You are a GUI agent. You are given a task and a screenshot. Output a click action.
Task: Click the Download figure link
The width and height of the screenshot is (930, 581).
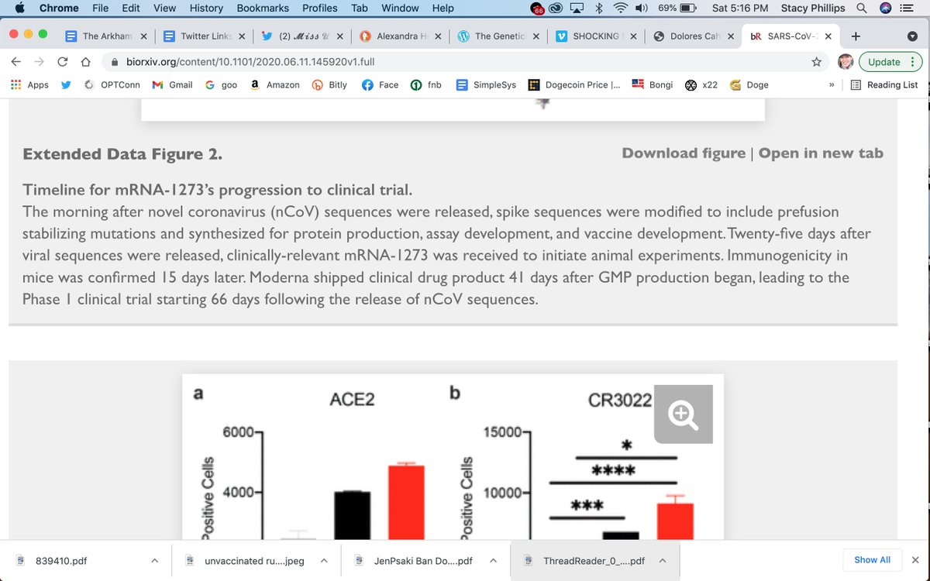[684, 153]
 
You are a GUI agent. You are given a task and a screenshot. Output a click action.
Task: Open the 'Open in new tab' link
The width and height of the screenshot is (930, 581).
[821, 153]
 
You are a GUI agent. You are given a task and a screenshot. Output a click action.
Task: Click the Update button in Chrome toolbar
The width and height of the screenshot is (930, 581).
[883, 62]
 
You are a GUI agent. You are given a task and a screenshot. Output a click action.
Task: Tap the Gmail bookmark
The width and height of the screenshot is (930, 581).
[173, 84]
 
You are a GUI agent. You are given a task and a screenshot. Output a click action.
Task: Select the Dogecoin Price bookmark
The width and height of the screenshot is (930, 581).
[573, 84]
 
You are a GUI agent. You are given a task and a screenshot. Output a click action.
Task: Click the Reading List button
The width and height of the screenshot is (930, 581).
[884, 84]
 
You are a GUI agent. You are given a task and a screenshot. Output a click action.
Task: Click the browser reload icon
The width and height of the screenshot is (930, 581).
[63, 62]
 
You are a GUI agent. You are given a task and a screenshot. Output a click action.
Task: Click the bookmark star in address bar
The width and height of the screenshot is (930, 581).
[816, 62]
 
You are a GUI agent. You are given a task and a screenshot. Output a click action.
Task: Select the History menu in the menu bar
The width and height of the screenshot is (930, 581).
[206, 8]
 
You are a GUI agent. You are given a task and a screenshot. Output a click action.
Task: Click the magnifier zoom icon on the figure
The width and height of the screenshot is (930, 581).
[683, 414]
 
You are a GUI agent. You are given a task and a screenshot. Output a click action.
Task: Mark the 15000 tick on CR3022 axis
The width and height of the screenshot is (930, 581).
[505, 432]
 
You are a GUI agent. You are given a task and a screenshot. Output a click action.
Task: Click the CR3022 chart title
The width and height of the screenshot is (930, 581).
[620, 401]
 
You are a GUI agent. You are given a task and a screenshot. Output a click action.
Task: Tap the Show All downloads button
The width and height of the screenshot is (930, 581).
[872, 560]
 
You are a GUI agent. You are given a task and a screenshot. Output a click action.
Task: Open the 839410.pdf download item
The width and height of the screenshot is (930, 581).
[62, 561]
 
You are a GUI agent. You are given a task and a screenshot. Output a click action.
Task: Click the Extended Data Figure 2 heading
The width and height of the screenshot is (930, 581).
[122, 153]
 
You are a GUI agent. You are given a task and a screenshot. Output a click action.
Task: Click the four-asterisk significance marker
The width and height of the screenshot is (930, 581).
[613, 470]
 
